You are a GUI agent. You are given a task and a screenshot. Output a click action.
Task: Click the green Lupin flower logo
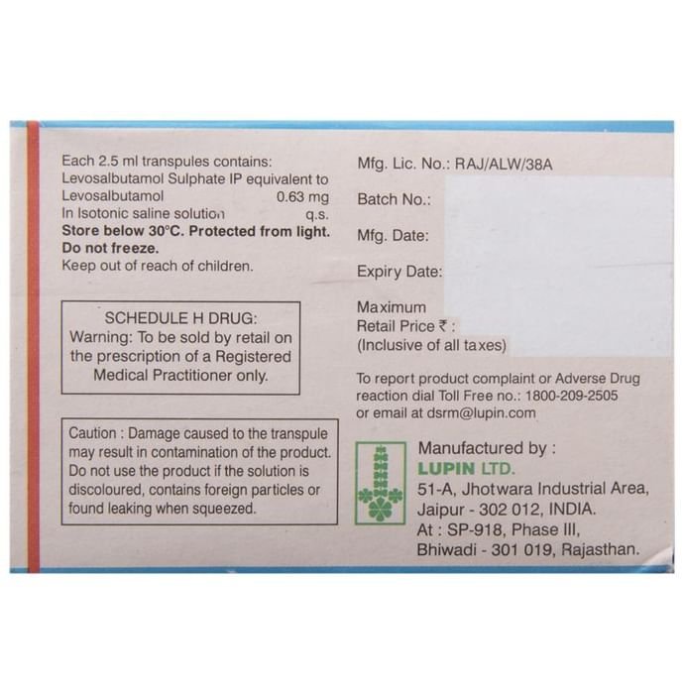[x=381, y=483]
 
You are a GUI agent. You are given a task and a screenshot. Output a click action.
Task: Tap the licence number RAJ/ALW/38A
[x=504, y=165]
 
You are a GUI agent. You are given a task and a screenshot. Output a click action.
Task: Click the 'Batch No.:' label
[x=394, y=199]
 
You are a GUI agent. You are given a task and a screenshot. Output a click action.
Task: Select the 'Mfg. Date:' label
[x=393, y=236]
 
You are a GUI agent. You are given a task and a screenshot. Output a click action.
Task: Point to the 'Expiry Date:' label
[x=399, y=272]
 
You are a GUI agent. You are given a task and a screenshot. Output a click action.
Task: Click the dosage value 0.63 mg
[x=302, y=196]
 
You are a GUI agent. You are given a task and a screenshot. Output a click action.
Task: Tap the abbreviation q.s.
[x=317, y=215]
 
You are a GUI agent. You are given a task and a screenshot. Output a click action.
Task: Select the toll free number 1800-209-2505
[x=571, y=396]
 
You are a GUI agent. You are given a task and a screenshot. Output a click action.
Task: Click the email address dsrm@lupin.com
[x=481, y=413]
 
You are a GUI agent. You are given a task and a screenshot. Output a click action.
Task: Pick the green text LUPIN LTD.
[x=466, y=469]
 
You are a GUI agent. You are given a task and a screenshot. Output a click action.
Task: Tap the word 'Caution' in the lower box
[x=92, y=433]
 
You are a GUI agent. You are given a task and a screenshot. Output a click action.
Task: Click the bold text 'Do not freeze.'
[x=110, y=248]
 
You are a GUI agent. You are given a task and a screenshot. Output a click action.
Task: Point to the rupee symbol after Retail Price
[x=442, y=326]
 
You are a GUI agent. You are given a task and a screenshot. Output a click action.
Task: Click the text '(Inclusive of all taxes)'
[x=431, y=345]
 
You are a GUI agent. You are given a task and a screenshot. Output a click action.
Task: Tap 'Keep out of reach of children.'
[x=158, y=266]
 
